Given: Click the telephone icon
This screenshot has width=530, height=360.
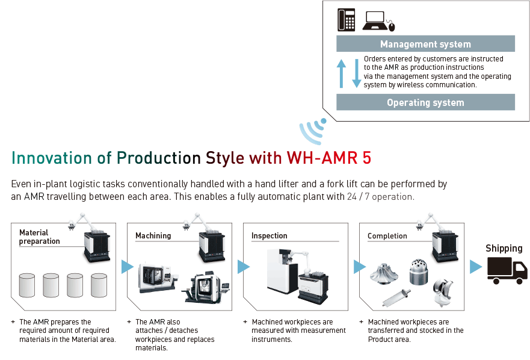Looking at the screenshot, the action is pyautogui.click(x=347, y=20).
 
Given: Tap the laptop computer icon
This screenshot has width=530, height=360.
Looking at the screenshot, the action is pyautogui.click(x=378, y=21).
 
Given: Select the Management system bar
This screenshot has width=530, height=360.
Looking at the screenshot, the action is pyautogui.click(x=425, y=44).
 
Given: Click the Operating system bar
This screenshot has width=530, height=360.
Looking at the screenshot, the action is pyautogui.click(x=425, y=102).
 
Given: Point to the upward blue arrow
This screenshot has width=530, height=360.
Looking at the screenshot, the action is pyautogui.click(x=341, y=73).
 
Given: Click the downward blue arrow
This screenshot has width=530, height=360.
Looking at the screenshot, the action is pyautogui.click(x=357, y=73).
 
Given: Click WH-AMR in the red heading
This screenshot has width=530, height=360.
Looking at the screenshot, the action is pyautogui.click(x=322, y=158).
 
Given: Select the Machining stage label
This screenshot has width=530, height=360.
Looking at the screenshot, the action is pyautogui.click(x=153, y=235).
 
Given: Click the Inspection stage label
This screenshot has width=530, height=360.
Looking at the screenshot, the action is pyautogui.click(x=270, y=235).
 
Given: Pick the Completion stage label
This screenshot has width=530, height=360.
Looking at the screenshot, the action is pyautogui.click(x=387, y=236).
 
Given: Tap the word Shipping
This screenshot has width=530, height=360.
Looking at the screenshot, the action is pyautogui.click(x=504, y=249).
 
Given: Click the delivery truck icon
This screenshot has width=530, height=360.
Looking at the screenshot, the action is pyautogui.click(x=507, y=270).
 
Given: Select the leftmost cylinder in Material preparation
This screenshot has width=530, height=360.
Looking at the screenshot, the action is pyautogui.click(x=27, y=285).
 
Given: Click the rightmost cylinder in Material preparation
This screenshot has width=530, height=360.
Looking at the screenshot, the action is pyautogui.click(x=99, y=285).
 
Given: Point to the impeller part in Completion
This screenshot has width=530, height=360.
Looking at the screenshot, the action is pyautogui.click(x=384, y=273).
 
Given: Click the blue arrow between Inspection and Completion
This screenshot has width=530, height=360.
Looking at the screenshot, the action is pyautogui.click(x=360, y=267).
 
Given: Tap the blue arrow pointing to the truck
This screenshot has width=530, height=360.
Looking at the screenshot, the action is pyautogui.click(x=476, y=267).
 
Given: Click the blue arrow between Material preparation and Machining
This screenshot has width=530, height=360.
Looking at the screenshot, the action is pyautogui.click(x=128, y=267).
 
